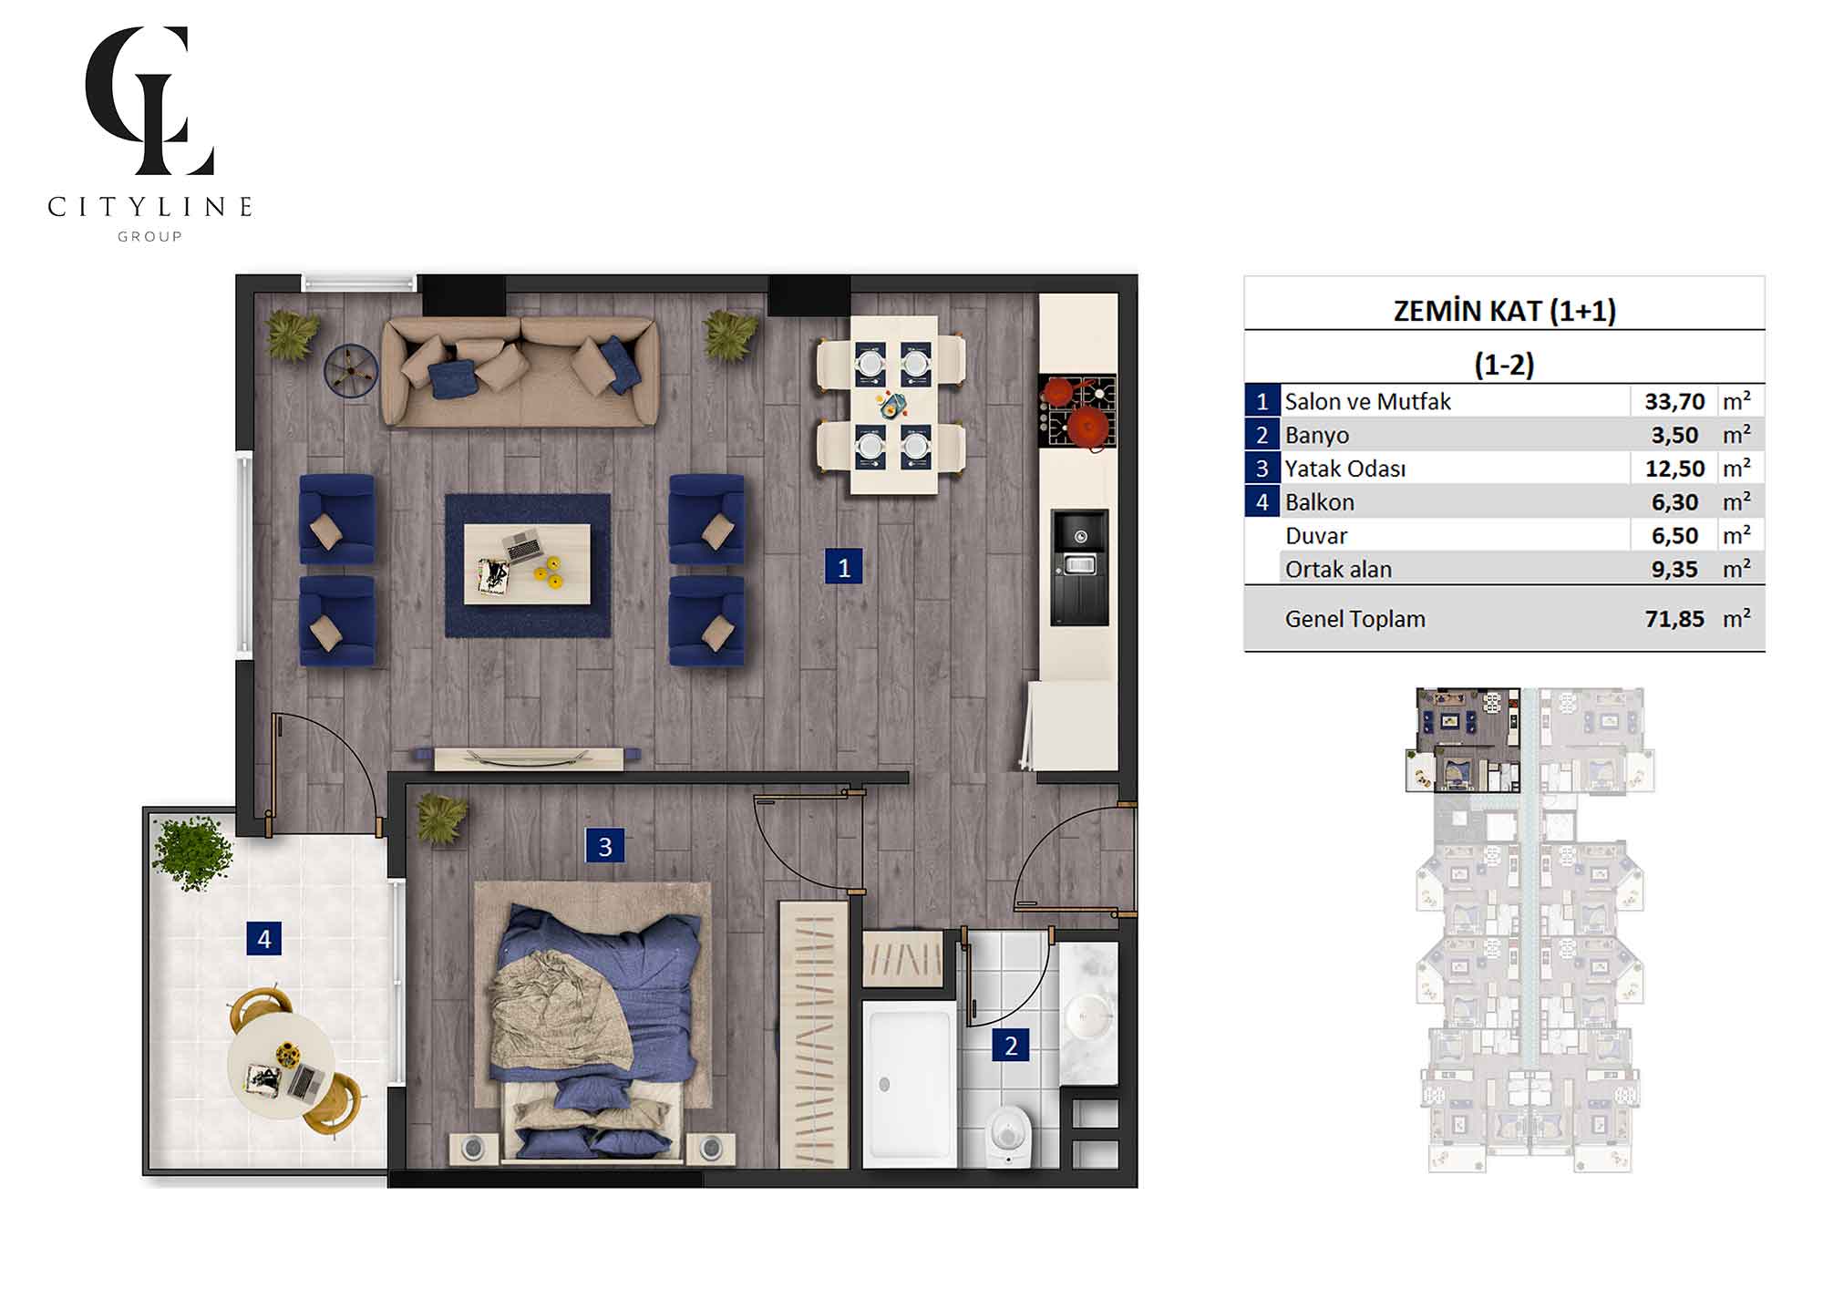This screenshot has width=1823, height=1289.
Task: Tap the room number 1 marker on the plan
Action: click(843, 567)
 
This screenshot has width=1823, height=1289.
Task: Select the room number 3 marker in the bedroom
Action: click(604, 846)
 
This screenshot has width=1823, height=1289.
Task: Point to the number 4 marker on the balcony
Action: click(263, 938)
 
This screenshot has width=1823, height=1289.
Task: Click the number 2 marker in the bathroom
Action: click(1011, 1045)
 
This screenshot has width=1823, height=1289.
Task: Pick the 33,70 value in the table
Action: click(1674, 402)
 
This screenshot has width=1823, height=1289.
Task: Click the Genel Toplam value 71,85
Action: click(1674, 619)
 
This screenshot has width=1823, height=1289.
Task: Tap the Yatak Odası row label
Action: click(1345, 469)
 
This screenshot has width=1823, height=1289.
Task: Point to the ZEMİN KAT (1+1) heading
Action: click(1505, 311)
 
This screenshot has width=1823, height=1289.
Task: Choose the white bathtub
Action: click(910, 1084)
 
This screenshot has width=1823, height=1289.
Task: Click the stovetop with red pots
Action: click(1078, 411)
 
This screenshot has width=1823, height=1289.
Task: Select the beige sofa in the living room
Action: click(520, 371)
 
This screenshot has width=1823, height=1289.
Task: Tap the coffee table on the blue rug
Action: click(527, 563)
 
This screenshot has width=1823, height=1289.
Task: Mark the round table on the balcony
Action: click(281, 1066)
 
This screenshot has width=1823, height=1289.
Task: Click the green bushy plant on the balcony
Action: click(191, 852)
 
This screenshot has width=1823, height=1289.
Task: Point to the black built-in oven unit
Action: click(1080, 567)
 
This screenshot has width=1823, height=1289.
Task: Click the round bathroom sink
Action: click(1089, 1012)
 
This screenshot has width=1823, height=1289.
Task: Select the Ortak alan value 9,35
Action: click(1674, 570)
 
